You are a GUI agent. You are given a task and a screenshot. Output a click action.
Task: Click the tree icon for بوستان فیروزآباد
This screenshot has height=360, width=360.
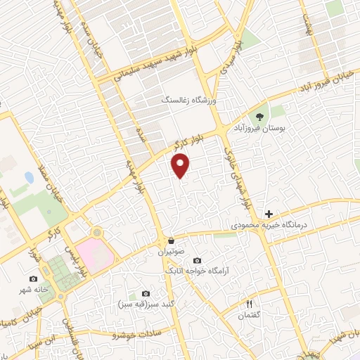point(261,116)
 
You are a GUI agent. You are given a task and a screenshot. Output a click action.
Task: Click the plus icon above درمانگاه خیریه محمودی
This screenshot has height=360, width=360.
point(269,213)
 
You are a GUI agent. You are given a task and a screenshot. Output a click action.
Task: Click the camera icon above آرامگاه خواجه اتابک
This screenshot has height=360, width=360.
point(196,259)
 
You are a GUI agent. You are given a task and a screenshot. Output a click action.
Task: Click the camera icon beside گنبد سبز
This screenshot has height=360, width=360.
point(146,293)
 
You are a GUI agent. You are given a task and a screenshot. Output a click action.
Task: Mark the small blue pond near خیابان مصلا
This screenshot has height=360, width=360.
point(29,176)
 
